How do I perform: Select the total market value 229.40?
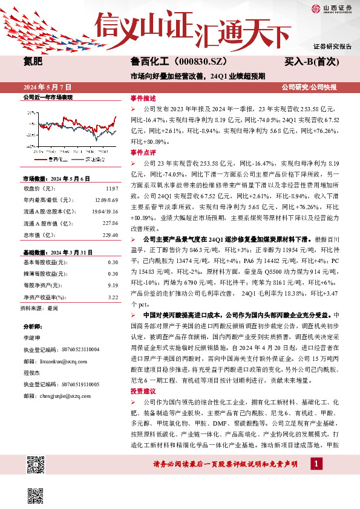point(110,234)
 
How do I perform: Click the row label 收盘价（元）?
point(38,190)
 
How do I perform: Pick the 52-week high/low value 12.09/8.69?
point(105,201)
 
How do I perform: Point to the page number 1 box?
point(316,464)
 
